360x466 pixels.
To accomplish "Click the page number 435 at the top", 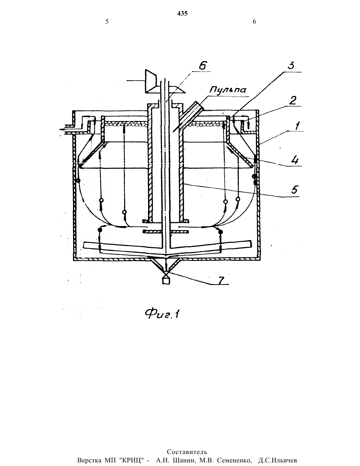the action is pos(182,13).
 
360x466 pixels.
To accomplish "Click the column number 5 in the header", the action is pos(107,22).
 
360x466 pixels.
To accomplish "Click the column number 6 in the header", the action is pos(254,22).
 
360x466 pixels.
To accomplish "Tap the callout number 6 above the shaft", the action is pos(202,65).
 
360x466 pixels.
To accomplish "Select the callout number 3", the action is pos(291,65).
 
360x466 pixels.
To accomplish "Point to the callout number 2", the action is pos(293,100).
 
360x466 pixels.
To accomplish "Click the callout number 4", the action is pos(295,161).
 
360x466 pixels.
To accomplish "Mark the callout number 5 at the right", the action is pos(295,190).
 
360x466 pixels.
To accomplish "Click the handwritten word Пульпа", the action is pos(227,90).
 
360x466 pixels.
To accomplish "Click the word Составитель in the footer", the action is pos(187,450).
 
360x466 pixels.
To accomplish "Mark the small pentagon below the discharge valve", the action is pos(166,281).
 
